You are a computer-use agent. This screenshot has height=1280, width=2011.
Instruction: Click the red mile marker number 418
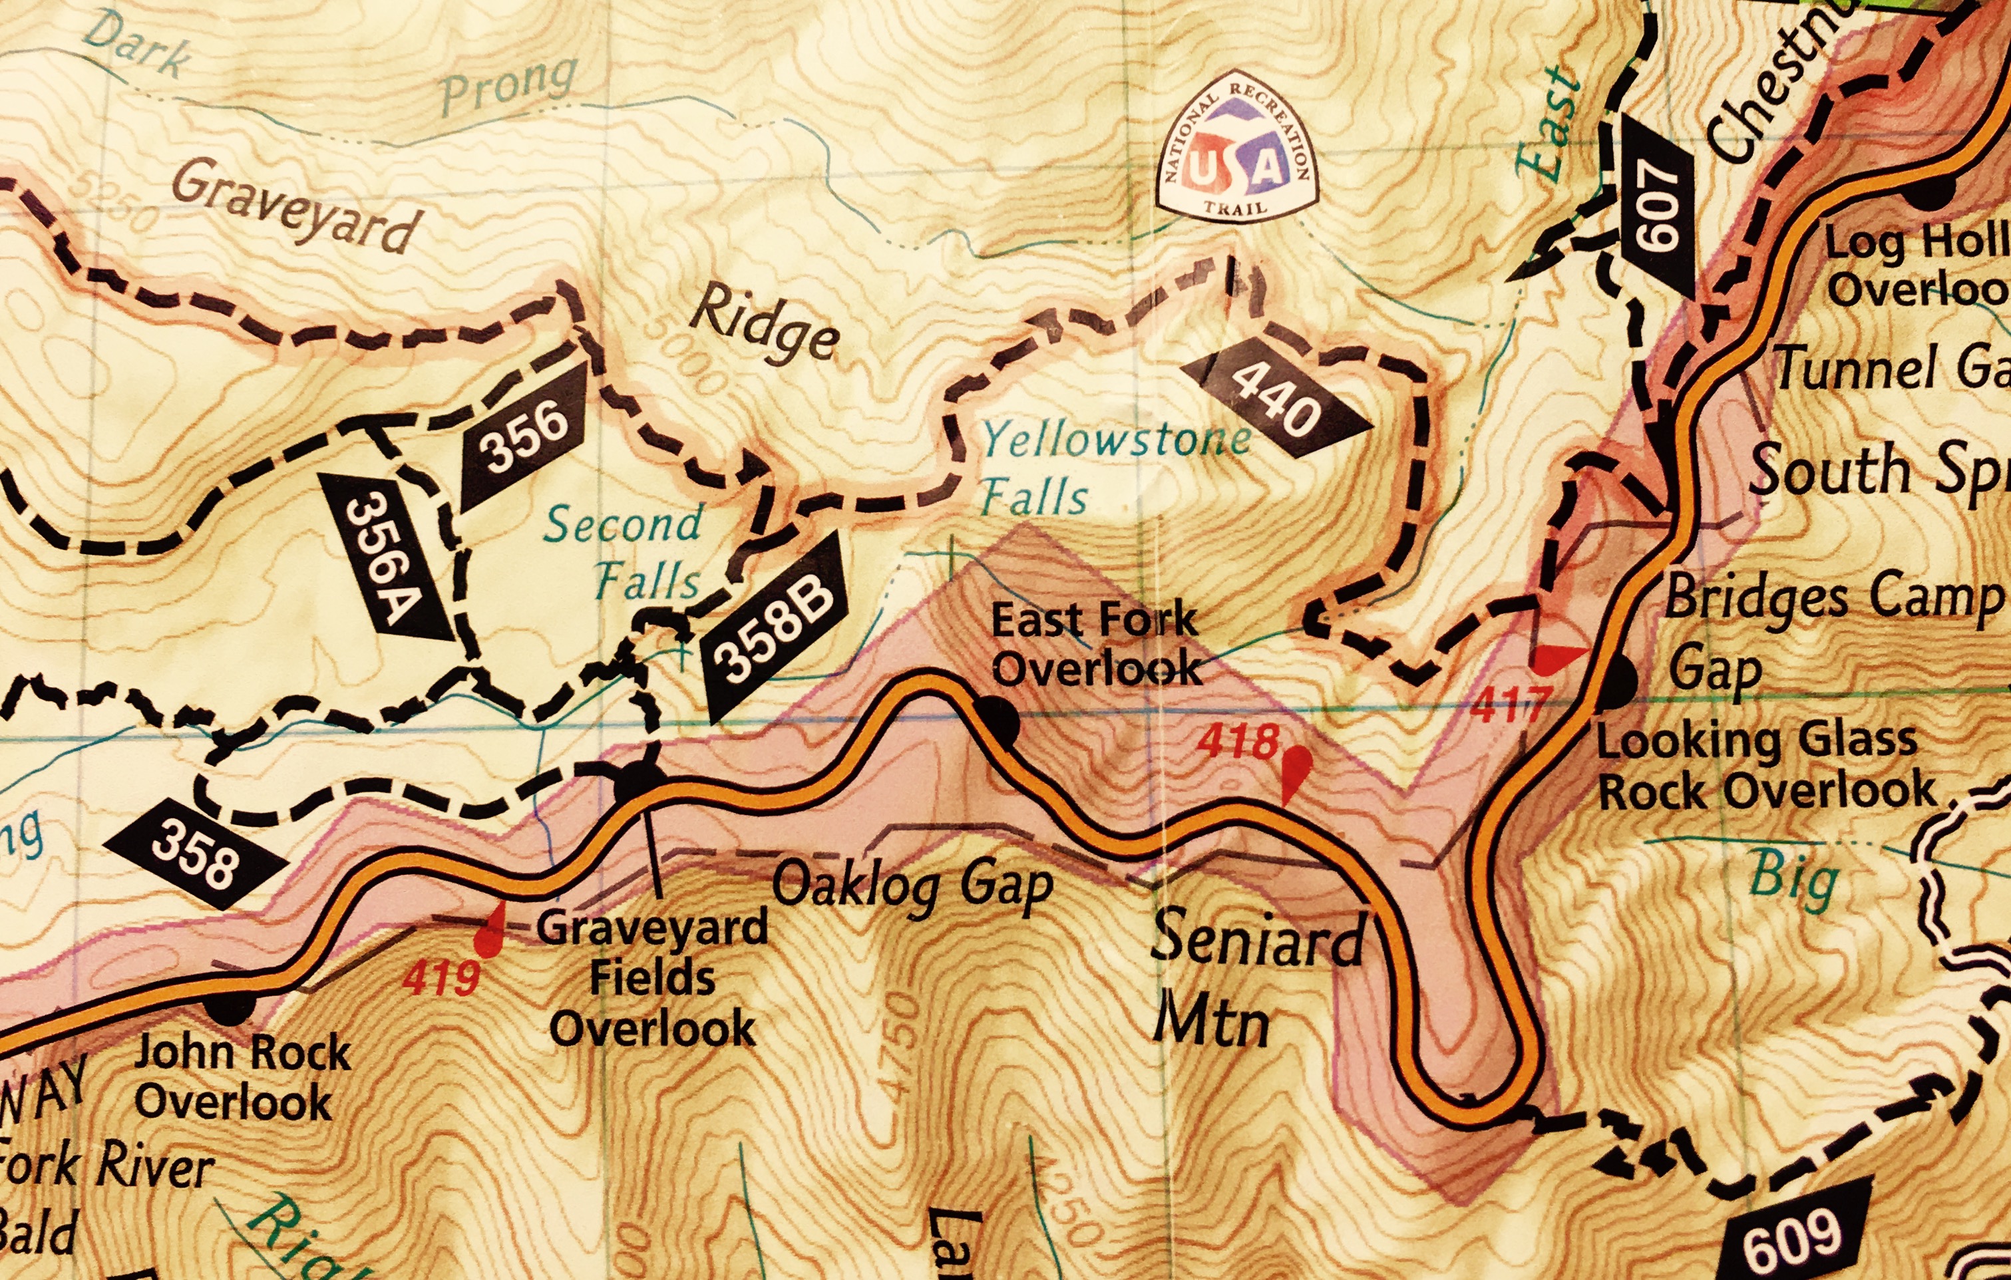click(x=1238, y=740)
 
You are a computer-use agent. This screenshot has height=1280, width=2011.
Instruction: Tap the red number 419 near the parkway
click(x=441, y=979)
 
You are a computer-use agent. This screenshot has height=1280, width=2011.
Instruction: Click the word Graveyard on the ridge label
click(x=294, y=206)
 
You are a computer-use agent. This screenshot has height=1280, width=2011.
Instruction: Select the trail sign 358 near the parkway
click(x=194, y=854)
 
